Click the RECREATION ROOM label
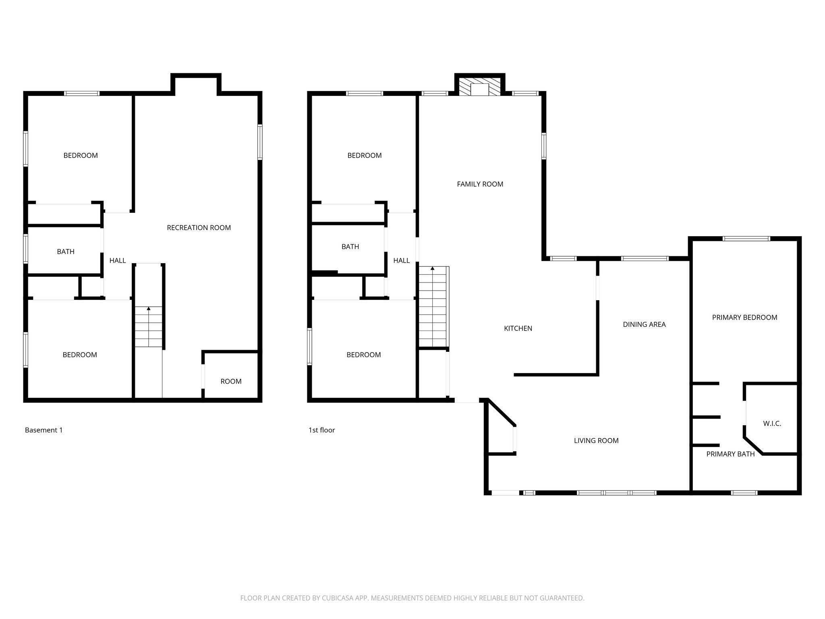[199, 228]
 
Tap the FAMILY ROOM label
[480, 184]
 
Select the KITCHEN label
[518, 328]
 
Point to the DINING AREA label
[644, 324]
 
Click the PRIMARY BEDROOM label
[744, 318]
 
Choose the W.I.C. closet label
[772, 424]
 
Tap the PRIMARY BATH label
[730, 454]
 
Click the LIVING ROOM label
[596, 441]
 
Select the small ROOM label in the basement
[231, 381]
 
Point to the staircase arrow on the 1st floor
[433, 268]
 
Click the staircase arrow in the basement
[149, 309]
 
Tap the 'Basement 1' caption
[44, 430]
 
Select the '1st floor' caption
[321, 430]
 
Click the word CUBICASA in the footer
[338, 598]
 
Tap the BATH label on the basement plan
[66, 251]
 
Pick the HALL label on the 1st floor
[401, 261]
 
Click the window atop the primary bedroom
[746, 239]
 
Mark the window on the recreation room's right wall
[260, 142]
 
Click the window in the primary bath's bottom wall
[744, 492]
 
